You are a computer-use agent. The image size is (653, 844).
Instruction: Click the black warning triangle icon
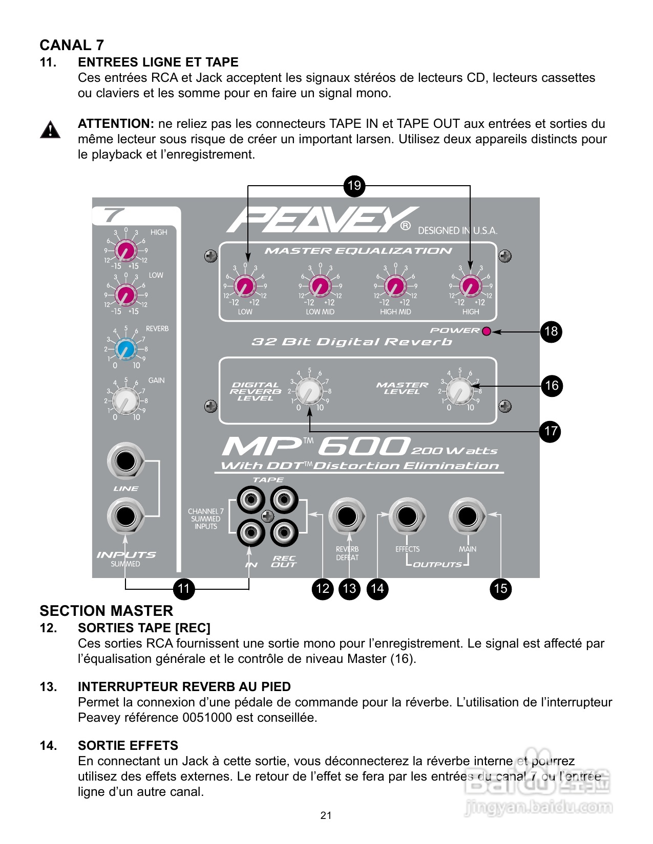[x=50, y=130]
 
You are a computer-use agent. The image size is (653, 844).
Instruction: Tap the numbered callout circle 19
[x=354, y=185]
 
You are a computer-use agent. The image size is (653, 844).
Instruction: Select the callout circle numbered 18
[x=551, y=331]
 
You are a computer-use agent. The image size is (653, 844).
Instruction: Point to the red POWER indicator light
[x=487, y=331]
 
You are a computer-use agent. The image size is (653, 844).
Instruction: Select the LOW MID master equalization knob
[x=320, y=286]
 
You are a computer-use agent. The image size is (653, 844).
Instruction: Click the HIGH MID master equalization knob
[x=395, y=286]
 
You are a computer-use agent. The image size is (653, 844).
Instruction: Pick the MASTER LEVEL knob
[x=459, y=392]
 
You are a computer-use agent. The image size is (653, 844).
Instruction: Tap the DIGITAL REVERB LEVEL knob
[x=309, y=392]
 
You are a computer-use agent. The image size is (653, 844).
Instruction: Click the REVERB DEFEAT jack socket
[x=347, y=516]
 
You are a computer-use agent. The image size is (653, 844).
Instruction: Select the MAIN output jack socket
[x=467, y=516]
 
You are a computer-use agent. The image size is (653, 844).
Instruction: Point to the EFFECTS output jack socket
[x=407, y=516]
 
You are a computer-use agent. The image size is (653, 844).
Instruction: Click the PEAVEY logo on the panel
[x=323, y=220]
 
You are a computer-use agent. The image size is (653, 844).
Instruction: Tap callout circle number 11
[x=183, y=589]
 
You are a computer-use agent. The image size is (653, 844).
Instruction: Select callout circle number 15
[x=500, y=589]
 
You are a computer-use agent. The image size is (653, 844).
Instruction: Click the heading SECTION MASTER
[x=107, y=611]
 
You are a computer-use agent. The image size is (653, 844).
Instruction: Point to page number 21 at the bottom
[x=326, y=815]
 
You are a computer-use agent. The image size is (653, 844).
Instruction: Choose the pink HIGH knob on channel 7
[x=125, y=251]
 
